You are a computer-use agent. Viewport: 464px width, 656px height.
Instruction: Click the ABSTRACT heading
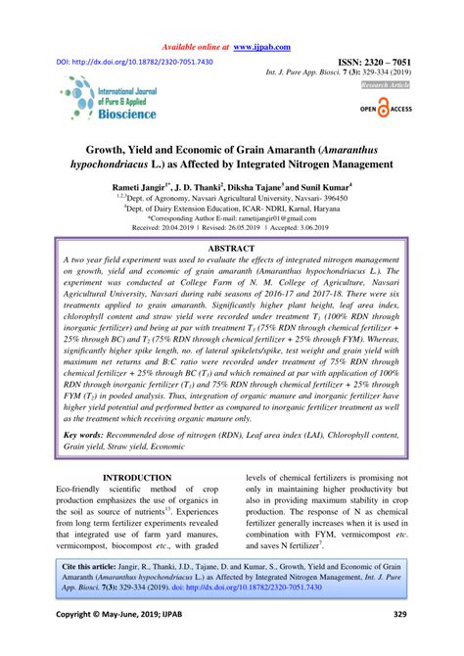coord(231,250)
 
